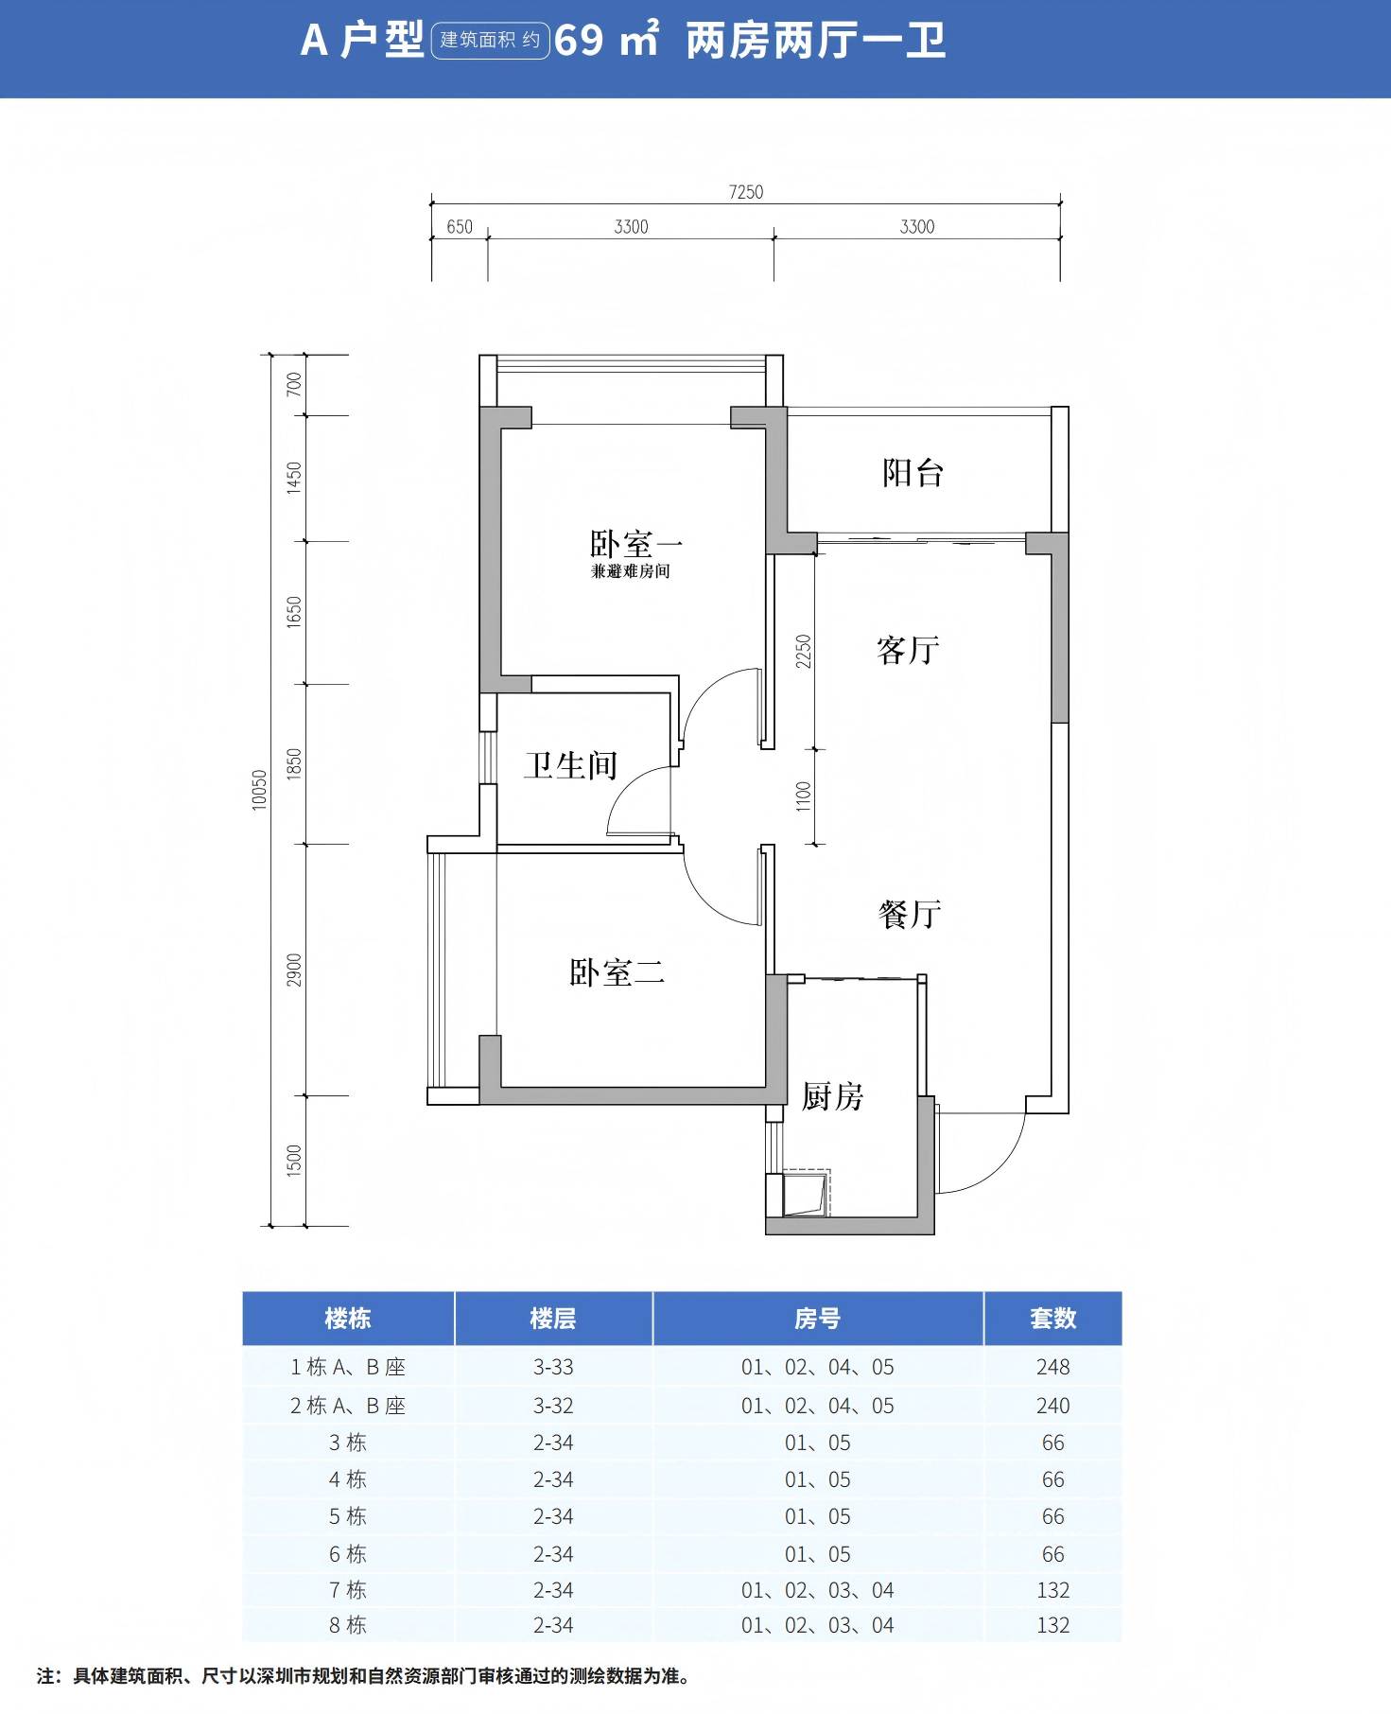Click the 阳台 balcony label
pos(913,473)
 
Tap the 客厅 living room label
pos(908,650)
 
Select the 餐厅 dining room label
pos(909,914)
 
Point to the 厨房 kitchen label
pos(832,1096)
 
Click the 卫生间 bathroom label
pos(571,765)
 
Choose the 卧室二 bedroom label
pos(617,972)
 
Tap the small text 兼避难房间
pos(631,571)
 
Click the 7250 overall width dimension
pos(746,192)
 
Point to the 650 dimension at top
pos(460,227)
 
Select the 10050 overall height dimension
pos(259,790)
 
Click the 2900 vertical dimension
pos(294,970)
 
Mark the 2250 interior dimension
pos(803,651)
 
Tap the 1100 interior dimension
pos(803,796)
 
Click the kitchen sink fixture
pos(806,1195)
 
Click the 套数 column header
pos(1052,1319)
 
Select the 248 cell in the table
pos(1052,1367)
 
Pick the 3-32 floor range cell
pos(553,1406)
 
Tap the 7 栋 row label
pos(347,1590)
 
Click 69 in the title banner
pos(579,41)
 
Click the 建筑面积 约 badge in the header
pos(490,40)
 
